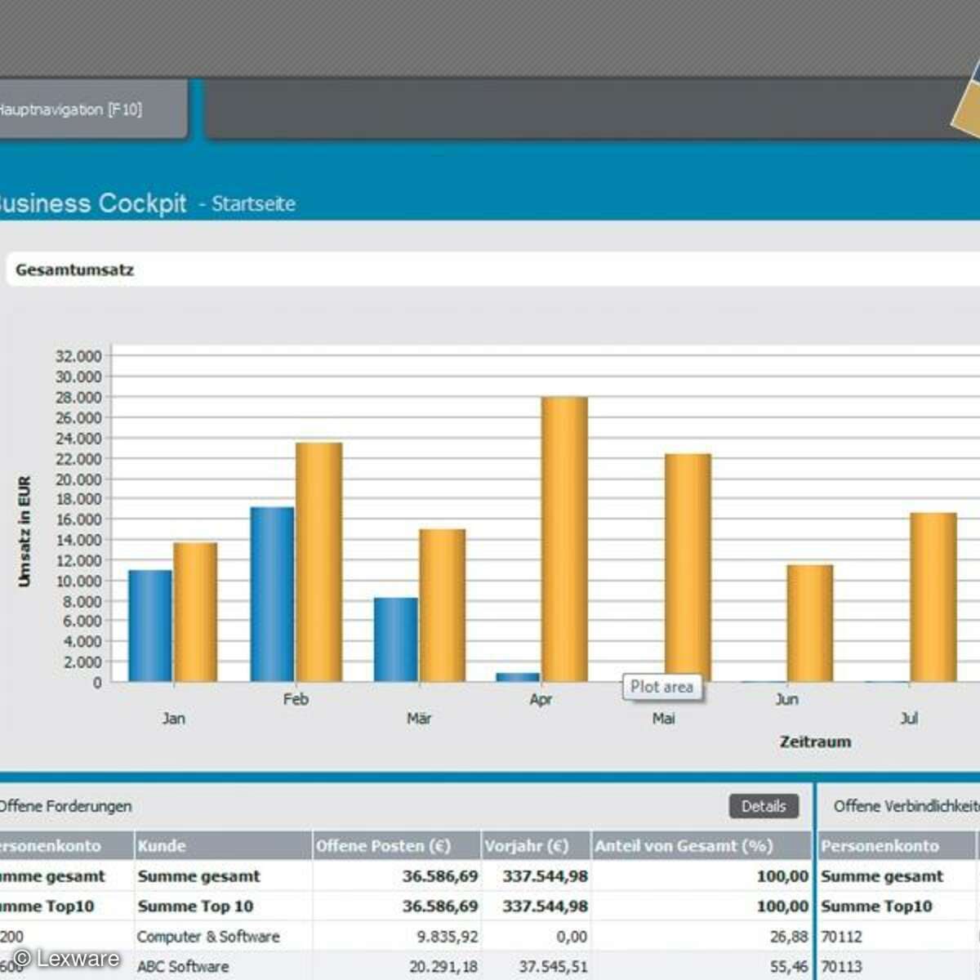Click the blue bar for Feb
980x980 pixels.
point(272,595)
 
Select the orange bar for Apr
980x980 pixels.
point(564,539)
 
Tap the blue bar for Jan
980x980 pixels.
point(150,626)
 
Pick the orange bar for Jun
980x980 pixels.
point(809,623)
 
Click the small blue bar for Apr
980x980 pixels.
point(518,677)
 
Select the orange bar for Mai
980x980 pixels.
point(688,568)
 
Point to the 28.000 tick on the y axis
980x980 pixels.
point(78,398)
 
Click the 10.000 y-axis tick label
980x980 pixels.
point(78,581)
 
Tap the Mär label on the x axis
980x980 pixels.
point(419,719)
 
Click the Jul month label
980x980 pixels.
point(909,719)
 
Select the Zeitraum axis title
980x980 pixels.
point(815,742)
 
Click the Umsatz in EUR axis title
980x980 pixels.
point(24,532)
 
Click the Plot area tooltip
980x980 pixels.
point(661,688)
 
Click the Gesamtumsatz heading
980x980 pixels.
point(74,270)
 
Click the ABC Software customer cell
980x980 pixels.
point(183,967)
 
